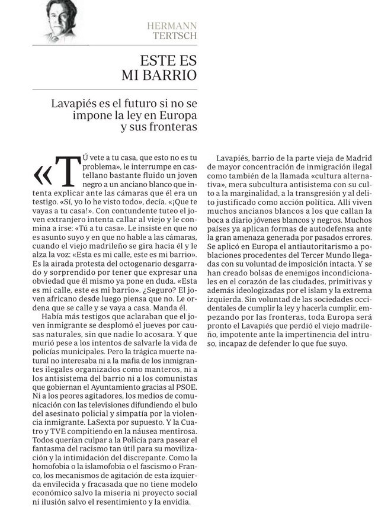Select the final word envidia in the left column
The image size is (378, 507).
click(175, 502)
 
